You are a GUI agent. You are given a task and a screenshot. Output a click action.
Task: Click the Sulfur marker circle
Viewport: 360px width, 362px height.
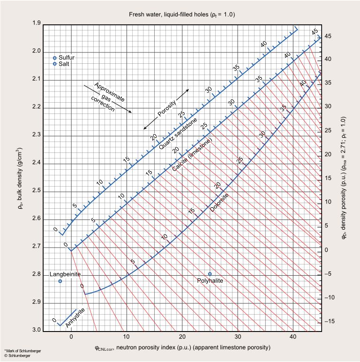(55, 57)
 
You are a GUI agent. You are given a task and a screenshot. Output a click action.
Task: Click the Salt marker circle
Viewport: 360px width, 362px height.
(55, 63)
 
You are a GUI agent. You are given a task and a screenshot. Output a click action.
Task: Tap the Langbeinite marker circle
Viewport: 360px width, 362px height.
(60, 281)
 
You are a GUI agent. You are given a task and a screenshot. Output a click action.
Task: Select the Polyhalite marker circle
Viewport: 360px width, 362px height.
(210, 274)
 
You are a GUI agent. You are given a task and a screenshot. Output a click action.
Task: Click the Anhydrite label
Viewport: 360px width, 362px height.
(75, 318)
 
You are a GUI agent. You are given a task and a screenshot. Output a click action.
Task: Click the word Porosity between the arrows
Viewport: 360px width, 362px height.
(166, 109)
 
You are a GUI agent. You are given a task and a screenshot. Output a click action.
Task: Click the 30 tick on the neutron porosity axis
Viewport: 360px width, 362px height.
(238, 336)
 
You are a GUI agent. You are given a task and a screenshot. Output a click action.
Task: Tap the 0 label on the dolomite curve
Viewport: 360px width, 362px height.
(82, 286)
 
